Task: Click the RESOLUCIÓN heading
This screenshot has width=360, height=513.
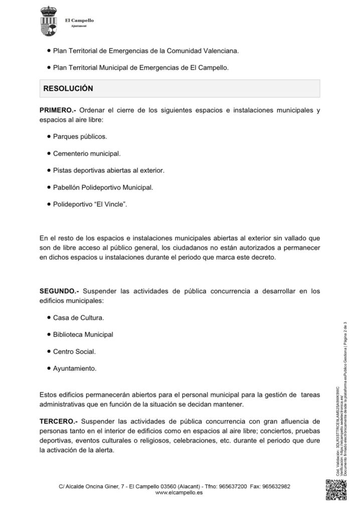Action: pyautogui.click(x=69, y=88)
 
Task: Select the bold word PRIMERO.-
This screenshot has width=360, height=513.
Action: pyautogui.click(x=58, y=110)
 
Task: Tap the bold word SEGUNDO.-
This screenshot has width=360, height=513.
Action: pyautogui.click(x=59, y=291)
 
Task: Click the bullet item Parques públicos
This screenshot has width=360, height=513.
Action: pyautogui.click(x=80, y=136)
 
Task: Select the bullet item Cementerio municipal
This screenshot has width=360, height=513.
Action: pyautogui.click(x=86, y=153)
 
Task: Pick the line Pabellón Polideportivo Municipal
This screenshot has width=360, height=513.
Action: pyautogui.click(x=103, y=187)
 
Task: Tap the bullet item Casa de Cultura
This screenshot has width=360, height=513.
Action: pyautogui.click(x=78, y=318)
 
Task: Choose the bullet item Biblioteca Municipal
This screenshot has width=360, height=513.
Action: pyautogui.click(x=83, y=334)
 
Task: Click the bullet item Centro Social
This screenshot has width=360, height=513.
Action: pyautogui.click(x=74, y=351)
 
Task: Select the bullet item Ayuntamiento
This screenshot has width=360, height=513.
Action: pyautogui.click(x=75, y=368)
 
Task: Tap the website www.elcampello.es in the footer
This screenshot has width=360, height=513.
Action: pyautogui.click(x=179, y=493)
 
